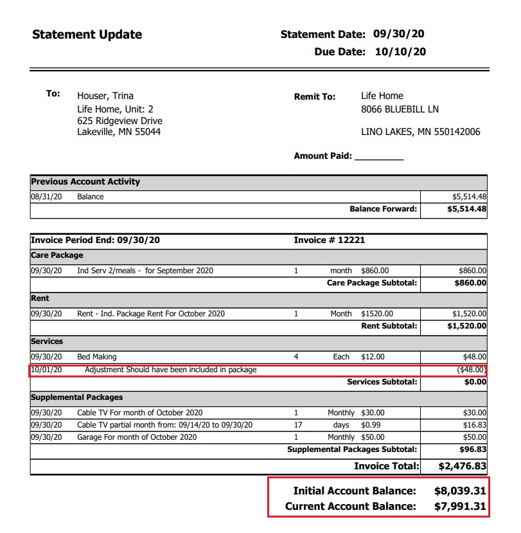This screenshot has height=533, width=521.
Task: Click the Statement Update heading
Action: [87, 35]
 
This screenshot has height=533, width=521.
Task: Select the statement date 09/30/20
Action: [399, 34]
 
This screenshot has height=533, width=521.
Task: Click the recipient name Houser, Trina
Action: [105, 96]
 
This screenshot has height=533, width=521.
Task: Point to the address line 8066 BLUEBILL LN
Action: [400, 109]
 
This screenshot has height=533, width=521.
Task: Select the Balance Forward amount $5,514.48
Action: [466, 209]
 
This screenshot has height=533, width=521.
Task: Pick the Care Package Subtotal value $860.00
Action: [470, 282]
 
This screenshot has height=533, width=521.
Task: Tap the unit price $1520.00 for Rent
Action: [377, 314]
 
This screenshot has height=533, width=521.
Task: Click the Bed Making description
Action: [97, 357]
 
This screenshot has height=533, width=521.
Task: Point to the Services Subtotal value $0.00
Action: [475, 382]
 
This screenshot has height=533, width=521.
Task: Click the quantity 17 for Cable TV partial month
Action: [296, 425]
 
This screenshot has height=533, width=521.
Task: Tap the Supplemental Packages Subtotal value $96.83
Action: [473, 449]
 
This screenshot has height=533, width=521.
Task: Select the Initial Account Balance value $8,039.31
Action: [460, 491]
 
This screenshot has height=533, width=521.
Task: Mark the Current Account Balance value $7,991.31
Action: [460, 507]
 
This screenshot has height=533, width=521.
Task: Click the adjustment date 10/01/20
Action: [46, 370]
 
